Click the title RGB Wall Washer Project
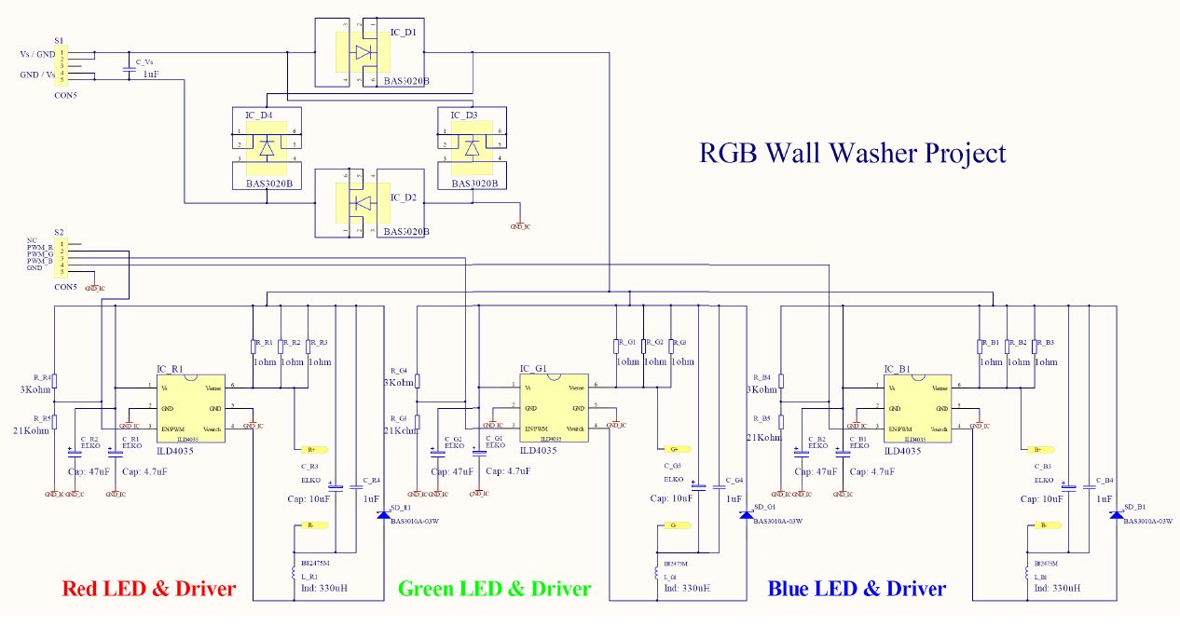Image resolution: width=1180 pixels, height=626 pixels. pos(852,153)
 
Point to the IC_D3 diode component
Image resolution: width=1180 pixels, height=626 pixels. pos(472,147)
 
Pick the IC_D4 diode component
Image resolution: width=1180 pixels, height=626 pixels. pos(267,147)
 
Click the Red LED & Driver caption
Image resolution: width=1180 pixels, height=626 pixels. pos(148,589)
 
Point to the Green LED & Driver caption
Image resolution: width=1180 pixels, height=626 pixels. pos(494,589)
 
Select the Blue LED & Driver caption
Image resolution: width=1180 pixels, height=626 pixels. pos(857,589)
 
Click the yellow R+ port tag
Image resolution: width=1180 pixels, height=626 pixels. pos(310,449)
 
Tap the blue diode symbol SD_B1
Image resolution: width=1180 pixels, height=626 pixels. pos(1116,514)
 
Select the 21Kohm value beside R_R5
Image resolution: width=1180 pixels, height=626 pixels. pos(30,430)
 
